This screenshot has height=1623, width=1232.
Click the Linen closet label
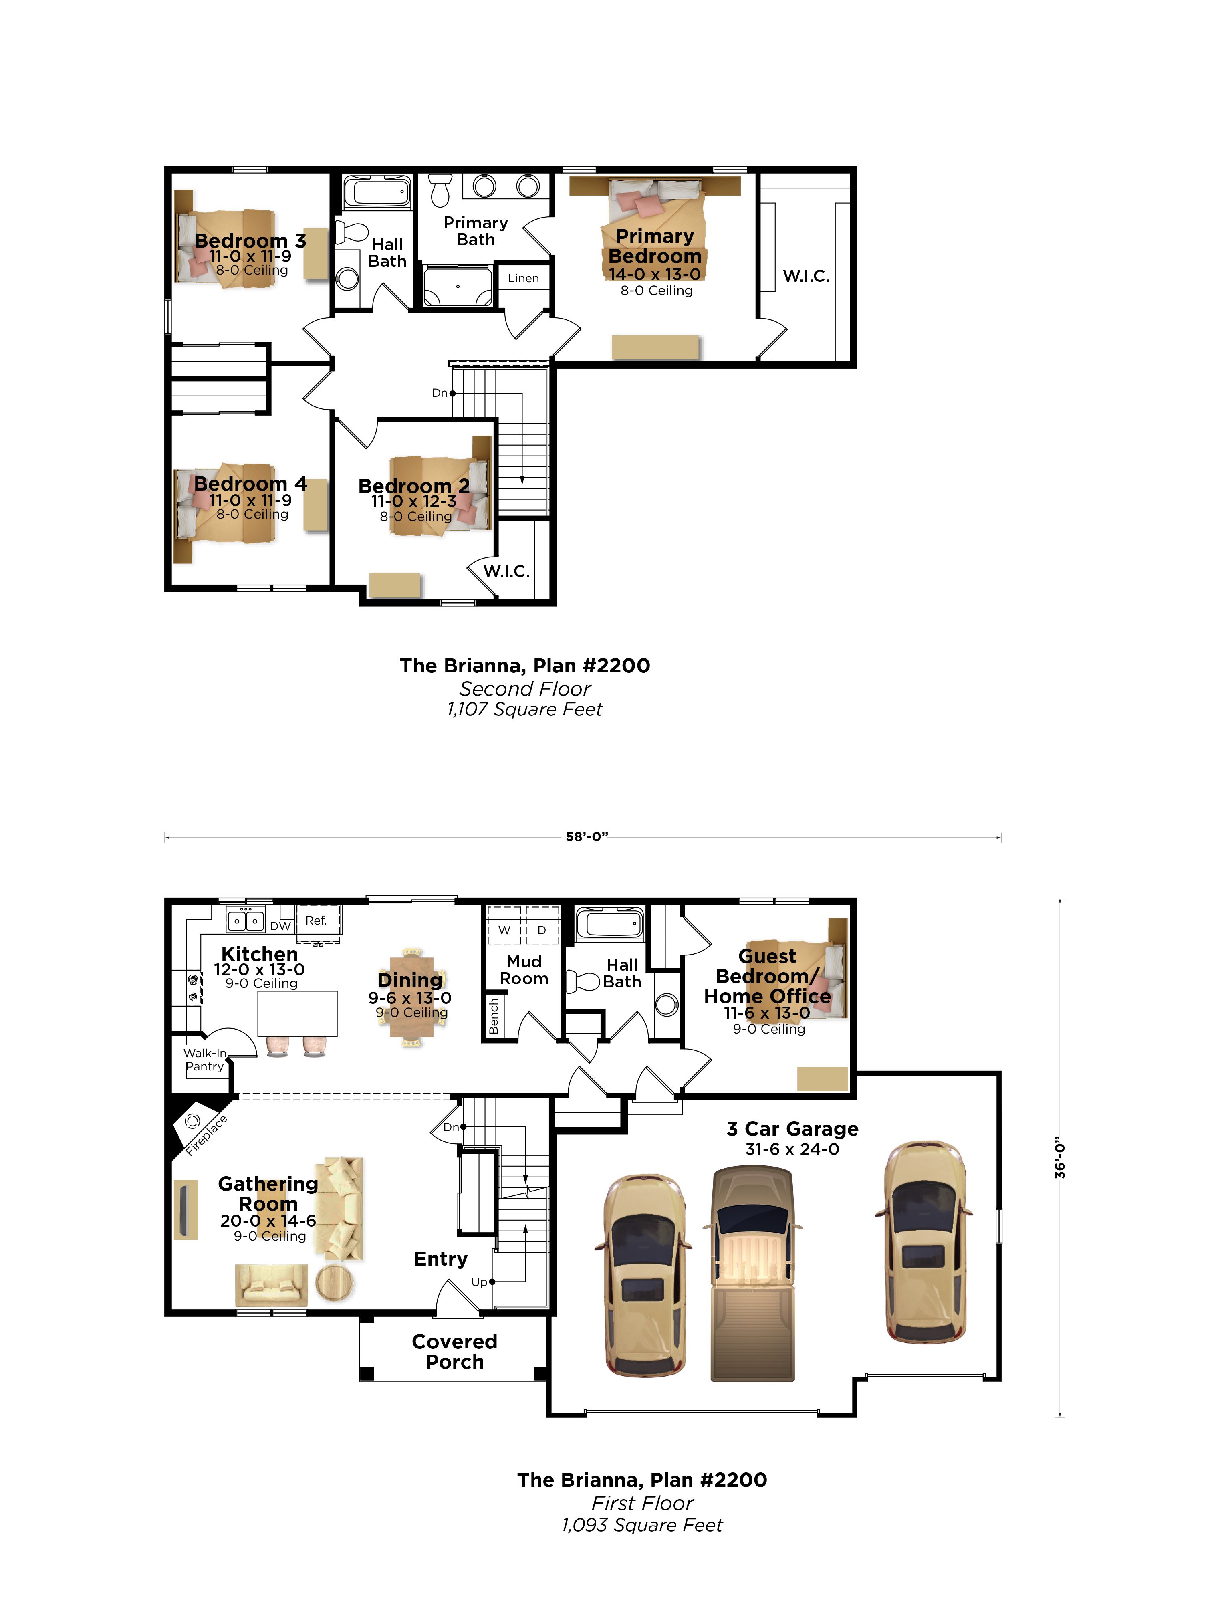tap(523, 278)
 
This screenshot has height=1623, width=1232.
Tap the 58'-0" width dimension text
tap(587, 836)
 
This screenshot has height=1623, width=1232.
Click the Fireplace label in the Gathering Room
tap(206, 1135)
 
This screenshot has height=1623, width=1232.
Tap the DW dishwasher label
tap(280, 926)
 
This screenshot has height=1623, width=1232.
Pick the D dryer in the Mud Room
tap(542, 930)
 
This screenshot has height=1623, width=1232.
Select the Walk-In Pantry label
tap(205, 1060)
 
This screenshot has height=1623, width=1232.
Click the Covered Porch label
tap(455, 1352)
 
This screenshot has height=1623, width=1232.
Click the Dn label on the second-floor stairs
tap(440, 393)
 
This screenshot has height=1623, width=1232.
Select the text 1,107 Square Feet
tap(524, 710)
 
